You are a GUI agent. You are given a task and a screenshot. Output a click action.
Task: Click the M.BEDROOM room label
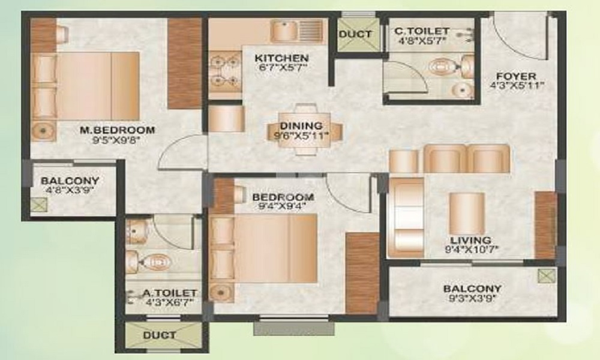click(x=118, y=130)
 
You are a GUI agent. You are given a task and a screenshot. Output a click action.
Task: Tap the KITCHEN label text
click(x=281, y=58)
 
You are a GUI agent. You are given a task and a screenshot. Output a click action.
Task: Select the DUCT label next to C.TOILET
click(x=355, y=34)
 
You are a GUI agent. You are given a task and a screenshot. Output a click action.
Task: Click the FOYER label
click(x=516, y=76)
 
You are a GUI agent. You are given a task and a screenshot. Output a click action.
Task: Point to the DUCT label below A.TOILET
click(x=160, y=335)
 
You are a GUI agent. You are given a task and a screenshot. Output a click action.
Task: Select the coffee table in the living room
click(x=467, y=213)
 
